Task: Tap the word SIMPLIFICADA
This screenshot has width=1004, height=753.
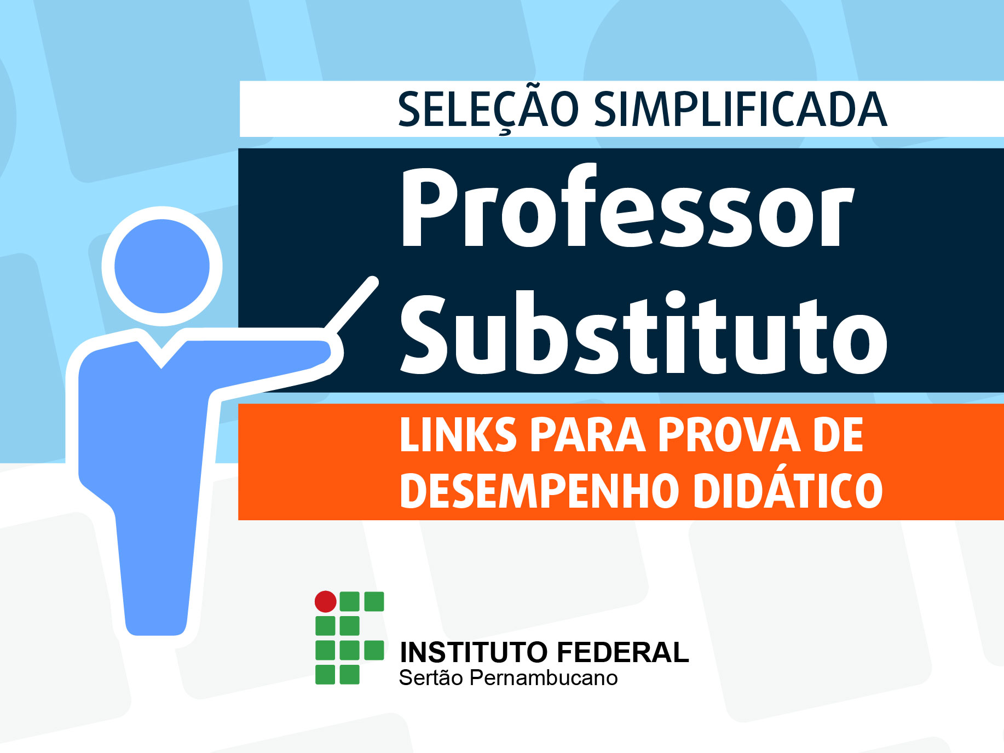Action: [741, 109]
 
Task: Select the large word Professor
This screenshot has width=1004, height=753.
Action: [627, 208]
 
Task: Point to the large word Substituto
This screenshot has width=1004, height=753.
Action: [644, 333]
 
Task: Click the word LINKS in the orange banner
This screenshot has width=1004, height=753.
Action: [458, 435]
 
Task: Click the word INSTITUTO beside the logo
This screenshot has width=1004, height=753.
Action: [474, 652]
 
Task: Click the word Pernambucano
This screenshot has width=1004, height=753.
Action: [544, 678]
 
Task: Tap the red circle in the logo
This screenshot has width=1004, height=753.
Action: [325, 601]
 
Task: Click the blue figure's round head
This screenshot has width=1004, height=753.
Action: [162, 266]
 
